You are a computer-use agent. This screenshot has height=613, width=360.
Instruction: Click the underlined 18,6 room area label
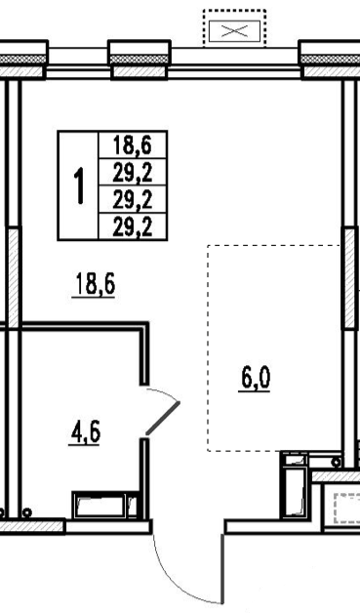click(94, 284)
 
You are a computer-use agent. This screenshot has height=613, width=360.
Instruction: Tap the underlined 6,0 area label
click(255, 379)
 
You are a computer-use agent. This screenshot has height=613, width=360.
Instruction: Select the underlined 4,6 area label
click(85, 432)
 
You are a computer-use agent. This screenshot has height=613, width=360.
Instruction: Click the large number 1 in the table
click(80, 185)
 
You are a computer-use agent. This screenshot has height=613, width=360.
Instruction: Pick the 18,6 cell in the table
click(133, 145)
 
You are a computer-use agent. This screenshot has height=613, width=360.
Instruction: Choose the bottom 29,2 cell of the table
click(133, 226)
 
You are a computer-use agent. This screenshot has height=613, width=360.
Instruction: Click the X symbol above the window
click(234, 31)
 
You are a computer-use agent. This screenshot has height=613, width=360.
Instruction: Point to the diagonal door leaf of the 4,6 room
click(163, 418)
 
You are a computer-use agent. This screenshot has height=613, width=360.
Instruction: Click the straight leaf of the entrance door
click(222, 568)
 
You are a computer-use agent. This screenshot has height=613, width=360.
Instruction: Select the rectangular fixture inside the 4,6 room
click(105, 505)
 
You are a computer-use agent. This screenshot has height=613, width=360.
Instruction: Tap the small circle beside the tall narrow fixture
click(336, 463)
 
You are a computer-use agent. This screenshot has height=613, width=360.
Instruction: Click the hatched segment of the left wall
click(14, 277)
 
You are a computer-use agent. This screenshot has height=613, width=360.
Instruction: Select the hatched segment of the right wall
click(350, 278)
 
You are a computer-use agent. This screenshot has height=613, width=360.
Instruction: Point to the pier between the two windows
click(140, 60)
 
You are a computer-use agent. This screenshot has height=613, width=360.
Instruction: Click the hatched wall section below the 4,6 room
click(32, 526)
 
